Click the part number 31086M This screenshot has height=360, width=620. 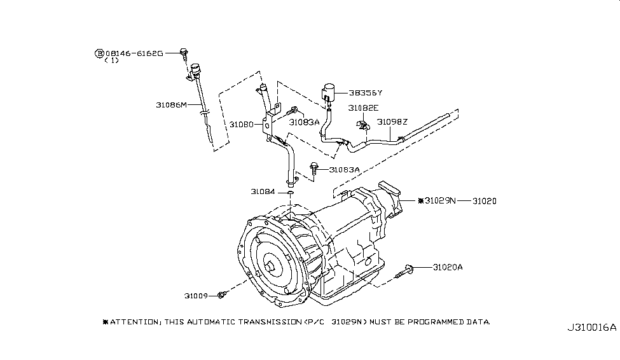(x=171, y=105)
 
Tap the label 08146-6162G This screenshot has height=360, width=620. (x=134, y=53)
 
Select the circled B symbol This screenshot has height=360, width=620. (x=99, y=53)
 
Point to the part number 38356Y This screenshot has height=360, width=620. (x=366, y=93)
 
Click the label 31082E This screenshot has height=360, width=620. (x=363, y=108)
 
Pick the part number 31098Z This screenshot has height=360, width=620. (x=392, y=122)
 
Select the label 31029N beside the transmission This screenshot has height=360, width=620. (x=440, y=200)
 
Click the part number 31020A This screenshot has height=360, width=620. (x=448, y=267)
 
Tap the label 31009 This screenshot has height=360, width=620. (x=196, y=296)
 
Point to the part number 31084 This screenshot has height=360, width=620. (x=263, y=192)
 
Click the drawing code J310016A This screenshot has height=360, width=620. (x=591, y=328)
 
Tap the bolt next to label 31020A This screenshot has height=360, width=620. (x=404, y=272)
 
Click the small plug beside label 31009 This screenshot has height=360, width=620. (x=222, y=294)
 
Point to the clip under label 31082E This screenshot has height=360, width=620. (x=362, y=126)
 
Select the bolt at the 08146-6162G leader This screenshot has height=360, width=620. (x=184, y=54)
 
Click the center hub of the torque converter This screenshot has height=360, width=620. (x=270, y=267)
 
